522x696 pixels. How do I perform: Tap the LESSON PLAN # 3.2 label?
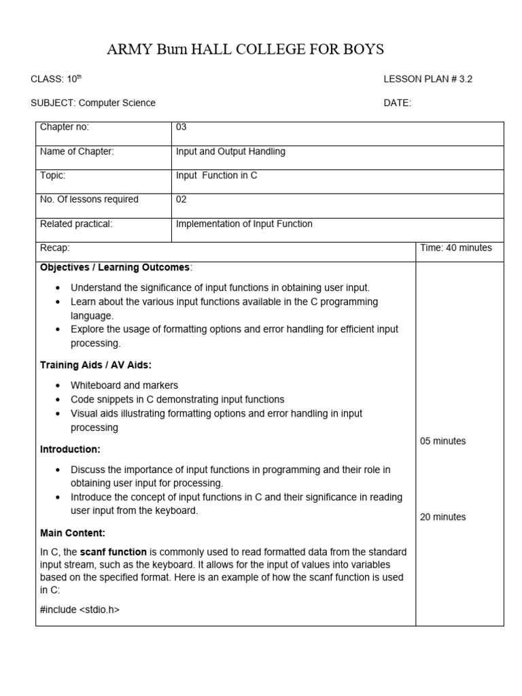pyautogui.click(x=428, y=79)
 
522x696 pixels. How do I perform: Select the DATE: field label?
pyautogui.click(x=397, y=103)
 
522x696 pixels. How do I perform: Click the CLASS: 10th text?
pyautogui.click(x=56, y=79)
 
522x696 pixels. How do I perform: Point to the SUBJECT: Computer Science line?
pyautogui.click(x=93, y=103)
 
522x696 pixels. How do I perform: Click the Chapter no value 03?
pyautogui.click(x=181, y=127)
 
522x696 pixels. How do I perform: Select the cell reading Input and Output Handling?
pyautogui.click(x=230, y=152)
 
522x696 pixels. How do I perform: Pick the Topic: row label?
pyautogui.click(x=53, y=175)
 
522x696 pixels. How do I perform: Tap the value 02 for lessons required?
pyautogui.click(x=181, y=199)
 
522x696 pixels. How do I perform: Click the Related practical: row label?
pyautogui.click(x=76, y=224)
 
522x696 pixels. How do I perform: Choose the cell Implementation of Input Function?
pyautogui.click(x=244, y=224)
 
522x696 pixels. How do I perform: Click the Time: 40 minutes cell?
pyautogui.click(x=455, y=248)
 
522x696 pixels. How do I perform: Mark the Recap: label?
pyautogui.click(x=55, y=248)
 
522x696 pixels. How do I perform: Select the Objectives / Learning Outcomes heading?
pyautogui.click(x=116, y=267)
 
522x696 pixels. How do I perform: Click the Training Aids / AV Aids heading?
pyautogui.click(x=96, y=365)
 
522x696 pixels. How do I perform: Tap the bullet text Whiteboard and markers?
pyautogui.click(x=124, y=385)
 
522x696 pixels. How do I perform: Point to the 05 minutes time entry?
pyautogui.click(x=442, y=441)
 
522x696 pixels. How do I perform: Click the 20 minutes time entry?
pyautogui.click(x=442, y=517)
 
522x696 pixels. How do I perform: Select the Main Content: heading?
pyautogui.click(x=73, y=533)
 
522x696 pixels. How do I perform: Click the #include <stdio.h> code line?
pyautogui.click(x=80, y=610)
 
